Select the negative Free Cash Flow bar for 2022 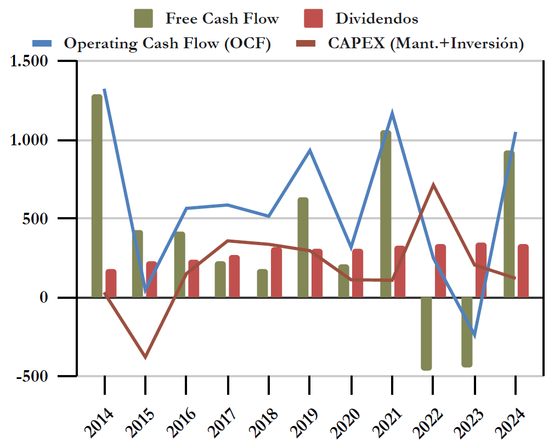426,333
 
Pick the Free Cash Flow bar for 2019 303,247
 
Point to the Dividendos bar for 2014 111,283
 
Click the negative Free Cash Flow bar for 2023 467,332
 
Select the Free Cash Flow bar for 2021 386,214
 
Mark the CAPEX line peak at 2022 433,185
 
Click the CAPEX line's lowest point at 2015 145,358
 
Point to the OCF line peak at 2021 392,114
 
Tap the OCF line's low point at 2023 474,336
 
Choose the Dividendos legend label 376,19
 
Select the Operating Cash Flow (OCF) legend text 167,43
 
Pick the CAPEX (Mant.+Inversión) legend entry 425,43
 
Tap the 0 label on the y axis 61,298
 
